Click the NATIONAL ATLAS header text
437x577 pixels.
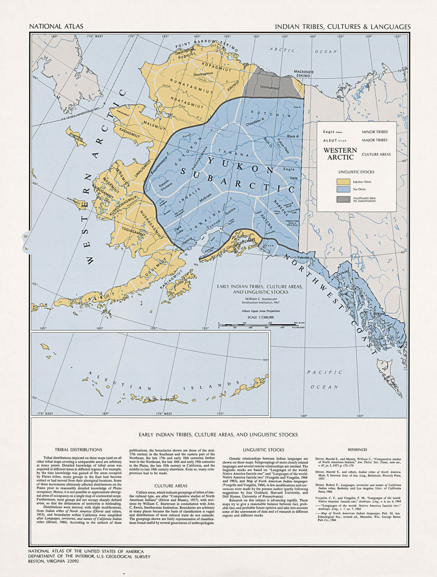click(56, 26)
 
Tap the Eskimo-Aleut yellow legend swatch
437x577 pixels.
click(343, 182)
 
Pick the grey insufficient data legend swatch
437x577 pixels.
click(343, 199)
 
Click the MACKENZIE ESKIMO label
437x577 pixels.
click(304, 74)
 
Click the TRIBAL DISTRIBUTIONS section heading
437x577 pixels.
click(78, 450)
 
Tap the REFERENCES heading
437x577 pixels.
click(357, 450)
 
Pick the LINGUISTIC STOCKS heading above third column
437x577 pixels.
click(263, 450)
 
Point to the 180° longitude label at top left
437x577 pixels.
click(54, 36)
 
